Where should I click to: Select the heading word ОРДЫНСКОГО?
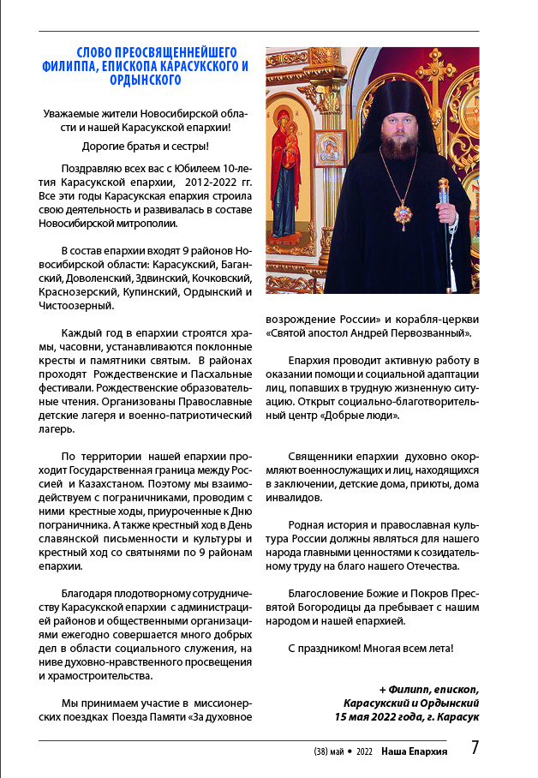point(146,80)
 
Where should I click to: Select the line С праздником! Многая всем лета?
point(370,648)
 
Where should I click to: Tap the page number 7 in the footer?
point(474,748)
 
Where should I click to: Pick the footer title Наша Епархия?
point(415,751)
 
